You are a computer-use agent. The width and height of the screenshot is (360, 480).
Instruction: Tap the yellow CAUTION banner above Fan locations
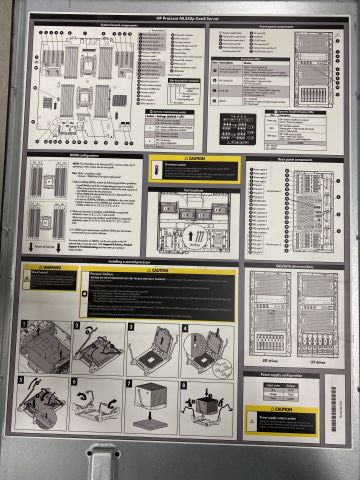click(194, 159)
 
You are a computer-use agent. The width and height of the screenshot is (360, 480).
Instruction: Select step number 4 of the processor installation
click(184, 327)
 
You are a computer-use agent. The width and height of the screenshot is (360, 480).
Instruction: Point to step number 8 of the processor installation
click(184, 382)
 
